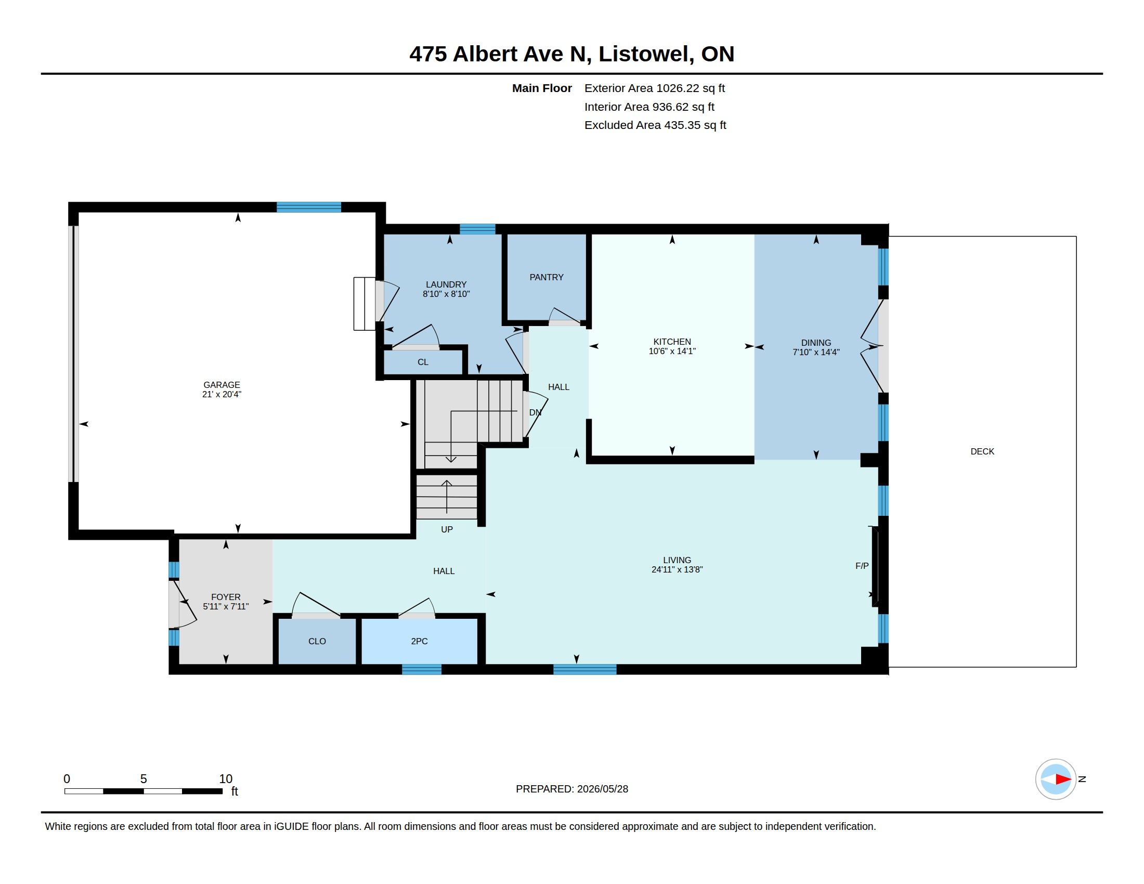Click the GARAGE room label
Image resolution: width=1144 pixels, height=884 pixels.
click(222, 385)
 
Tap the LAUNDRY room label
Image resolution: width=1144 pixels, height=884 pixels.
click(446, 285)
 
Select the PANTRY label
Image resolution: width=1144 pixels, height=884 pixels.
click(547, 277)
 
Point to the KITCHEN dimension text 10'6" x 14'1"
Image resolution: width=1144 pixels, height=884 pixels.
click(672, 352)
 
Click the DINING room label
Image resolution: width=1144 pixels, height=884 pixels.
click(816, 343)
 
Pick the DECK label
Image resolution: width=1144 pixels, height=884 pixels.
click(982, 451)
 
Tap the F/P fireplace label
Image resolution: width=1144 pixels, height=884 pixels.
click(862, 566)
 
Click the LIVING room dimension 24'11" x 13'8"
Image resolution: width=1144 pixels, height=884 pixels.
click(677, 570)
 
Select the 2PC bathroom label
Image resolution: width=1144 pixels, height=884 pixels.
click(419, 641)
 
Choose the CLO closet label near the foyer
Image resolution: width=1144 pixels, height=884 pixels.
click(317, 641)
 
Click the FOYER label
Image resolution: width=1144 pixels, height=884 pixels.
click(226, 597)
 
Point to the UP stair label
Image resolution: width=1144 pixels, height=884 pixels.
click(447, 529)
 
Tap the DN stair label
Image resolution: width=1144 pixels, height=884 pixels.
click(535, 413)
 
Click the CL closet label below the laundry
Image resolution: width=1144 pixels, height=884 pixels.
click(423, 362)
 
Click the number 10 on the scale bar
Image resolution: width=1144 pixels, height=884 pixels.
click(226, 779)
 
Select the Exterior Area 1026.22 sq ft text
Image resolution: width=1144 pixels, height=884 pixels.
click(655, 88)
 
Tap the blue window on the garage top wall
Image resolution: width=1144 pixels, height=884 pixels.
click(308, 207)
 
